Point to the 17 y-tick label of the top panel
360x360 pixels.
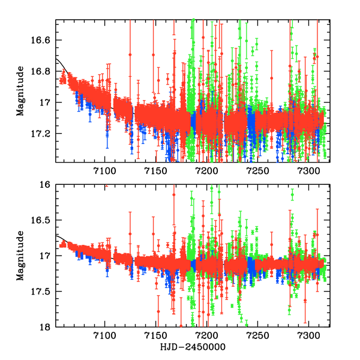(x=47, y=103)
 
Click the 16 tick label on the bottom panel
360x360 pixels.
(x=47, y=185)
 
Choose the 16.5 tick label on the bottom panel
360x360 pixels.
(x=43, y=220)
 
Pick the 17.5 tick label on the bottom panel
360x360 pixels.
(x=43, y=292)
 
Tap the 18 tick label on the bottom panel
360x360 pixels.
(x=47, y=327)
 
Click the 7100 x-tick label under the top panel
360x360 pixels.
(x=104, y=172)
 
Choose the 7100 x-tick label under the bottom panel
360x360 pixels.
(x=104, y=337)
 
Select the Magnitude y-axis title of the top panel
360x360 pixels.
(x=20, y=91)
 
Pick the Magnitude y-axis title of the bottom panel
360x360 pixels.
(x=20, y=256)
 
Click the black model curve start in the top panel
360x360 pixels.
(x=56, y=59)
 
